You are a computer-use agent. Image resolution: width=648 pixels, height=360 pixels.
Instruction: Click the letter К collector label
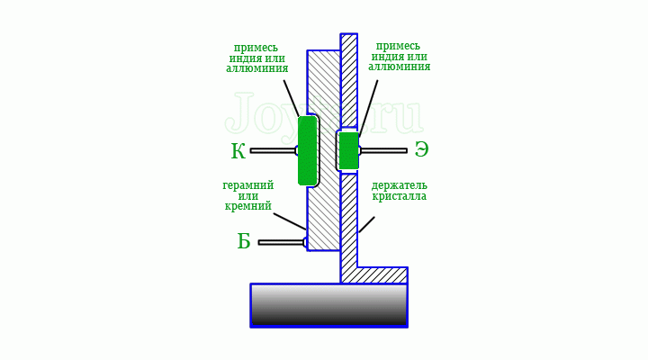pyautogui.click(x=238, y=151)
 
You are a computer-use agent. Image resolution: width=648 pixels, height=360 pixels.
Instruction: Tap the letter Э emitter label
pyautogui.click(x=421, y=149)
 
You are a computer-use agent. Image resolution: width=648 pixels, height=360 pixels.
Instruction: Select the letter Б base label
pyautogui.click(x=244, y=241)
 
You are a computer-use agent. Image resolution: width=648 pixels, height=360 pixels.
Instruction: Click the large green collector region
pyautogui.click(x=308, y=150)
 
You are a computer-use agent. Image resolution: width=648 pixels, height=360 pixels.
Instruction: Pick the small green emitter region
pyautogui.click(x=348, y=151)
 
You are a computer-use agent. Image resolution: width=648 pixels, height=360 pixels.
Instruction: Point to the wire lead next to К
pyautogui.click(x=274, y=151)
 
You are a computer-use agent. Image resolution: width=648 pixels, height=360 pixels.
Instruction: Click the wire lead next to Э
pyautogui.click(x=383, y=151)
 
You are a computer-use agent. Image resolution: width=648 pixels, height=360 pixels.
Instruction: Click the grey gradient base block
pyautogui.click(x=329, y=306)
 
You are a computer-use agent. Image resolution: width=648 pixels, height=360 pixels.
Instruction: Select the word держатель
pyautogui.click(x=400, y=185)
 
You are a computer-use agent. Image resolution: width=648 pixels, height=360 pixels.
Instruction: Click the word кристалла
pyautogui.click(x=400, y=195)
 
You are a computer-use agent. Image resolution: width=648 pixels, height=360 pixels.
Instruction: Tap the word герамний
pyautogui.click(x=248, y=185)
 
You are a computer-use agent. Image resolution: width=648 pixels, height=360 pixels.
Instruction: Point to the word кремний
pyautogui.click(x=248, y=205)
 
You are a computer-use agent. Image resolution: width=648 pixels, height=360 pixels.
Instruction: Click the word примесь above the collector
pyautogui.click(x=256, y=48)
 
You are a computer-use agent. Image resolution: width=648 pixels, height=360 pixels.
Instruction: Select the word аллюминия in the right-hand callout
pyautogui.click(x=400, y=66)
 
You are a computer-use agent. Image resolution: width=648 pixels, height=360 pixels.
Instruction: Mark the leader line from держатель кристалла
pyautogui.click(x=366, y=224)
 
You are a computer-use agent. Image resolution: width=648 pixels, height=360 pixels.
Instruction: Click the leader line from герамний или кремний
pyautogui.click(x=290, y=221)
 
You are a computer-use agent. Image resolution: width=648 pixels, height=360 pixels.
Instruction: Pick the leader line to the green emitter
pyautogui.click(x=368, y=108)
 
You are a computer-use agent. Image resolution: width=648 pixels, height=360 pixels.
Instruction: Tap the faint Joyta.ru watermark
pyautogui.click(x=324, y=112)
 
